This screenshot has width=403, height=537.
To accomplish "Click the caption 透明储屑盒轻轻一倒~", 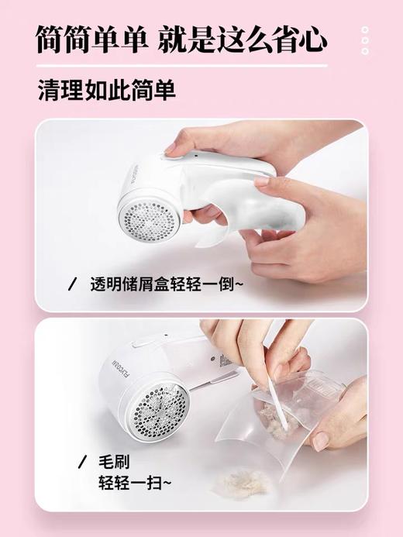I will click(x=164, y=284).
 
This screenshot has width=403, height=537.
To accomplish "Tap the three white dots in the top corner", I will click(x=365, y=40).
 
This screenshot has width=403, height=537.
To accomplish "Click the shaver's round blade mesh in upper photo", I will click(x=147, y=209).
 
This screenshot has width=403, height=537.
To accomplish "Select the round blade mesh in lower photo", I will click(x=159, y=407).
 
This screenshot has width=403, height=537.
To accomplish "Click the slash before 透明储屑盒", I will click(x=74, y=284).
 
